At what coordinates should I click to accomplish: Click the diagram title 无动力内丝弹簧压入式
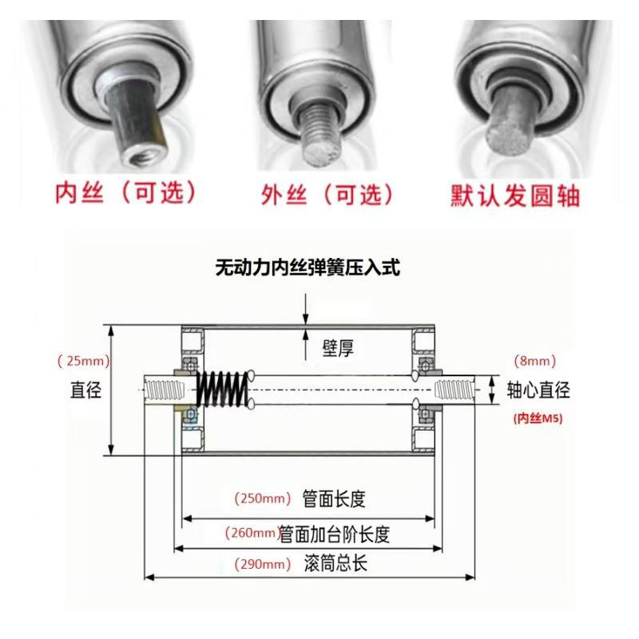pos(308,268)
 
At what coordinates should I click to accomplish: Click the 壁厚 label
pos(337,349)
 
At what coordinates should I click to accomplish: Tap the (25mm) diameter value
pos(83,361)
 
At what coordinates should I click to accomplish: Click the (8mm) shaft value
pos(531,361)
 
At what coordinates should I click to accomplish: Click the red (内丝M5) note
pos(537,417)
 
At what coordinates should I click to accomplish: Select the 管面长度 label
pos(334,499)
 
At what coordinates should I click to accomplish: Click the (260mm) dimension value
pos(252,533)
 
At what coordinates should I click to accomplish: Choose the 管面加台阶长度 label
pos(339,533)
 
